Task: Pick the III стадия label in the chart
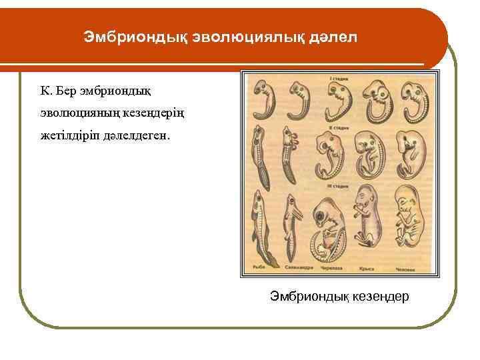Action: [x=340, y=185]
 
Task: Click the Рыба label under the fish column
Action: [x=259, y=269]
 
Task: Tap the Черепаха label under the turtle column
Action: [x=331, y=269]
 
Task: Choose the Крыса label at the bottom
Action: [x=368, y=269]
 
